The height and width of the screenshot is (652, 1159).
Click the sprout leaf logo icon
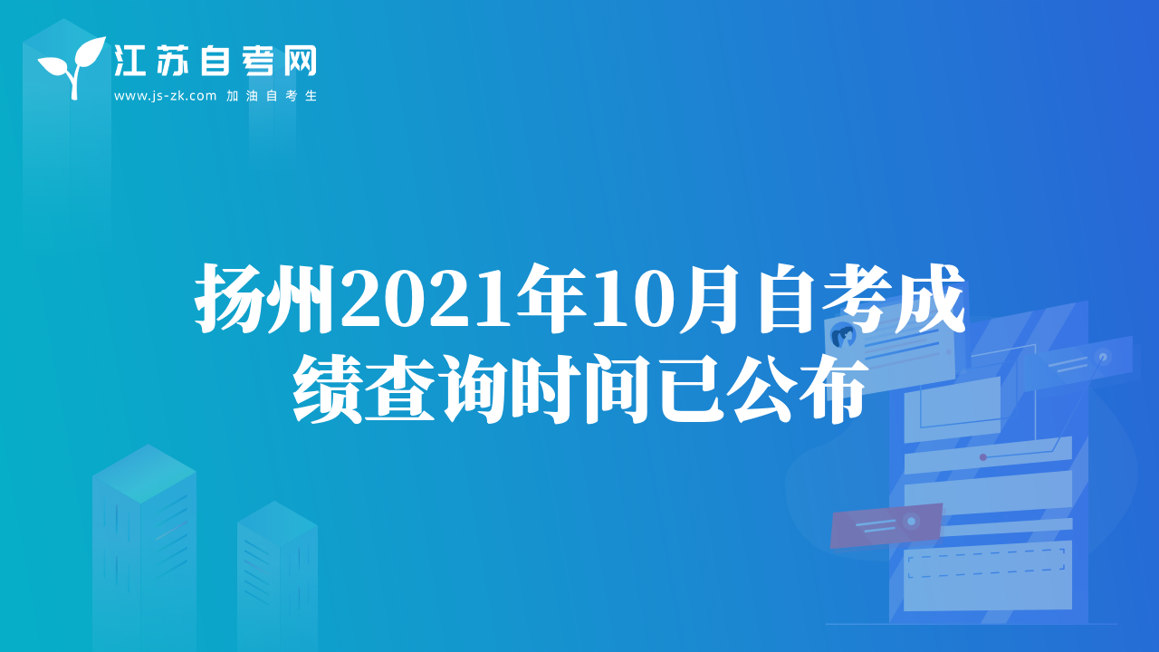click(x=72, y=67)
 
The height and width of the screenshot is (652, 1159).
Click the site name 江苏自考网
click(x=216, y=61)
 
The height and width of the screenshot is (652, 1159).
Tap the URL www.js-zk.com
click(x=165, y=96)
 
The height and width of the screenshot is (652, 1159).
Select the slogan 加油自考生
click(x=272, y=96)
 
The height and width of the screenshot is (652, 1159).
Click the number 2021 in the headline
click(x=426, y=300)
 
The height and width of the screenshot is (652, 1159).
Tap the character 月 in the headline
click(x=710, y=299)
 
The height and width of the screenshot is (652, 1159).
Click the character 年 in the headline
click(x=552, y=299)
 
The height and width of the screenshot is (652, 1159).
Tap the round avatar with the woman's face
click(x=843, y=337)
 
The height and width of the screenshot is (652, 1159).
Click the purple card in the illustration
click(x=886, y=524)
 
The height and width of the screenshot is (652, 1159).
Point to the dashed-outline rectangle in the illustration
click(x=986, y=563)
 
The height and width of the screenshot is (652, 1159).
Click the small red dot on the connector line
click(x=983, y=457)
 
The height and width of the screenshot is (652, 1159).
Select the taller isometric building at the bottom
click(x=144, y=548)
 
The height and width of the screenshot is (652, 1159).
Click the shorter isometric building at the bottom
click(x=277, y=577)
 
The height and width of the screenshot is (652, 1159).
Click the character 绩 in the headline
click(x=327, y=389)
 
